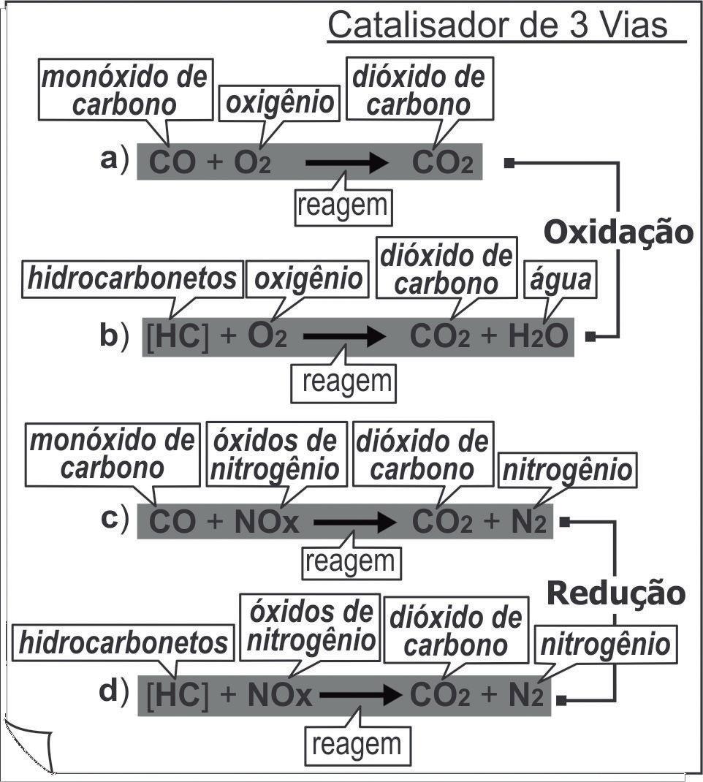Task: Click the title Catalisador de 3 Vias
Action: click(498, 25)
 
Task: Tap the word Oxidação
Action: click(618, 232)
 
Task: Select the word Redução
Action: click(617, 593)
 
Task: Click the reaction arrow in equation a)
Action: click(346, 162)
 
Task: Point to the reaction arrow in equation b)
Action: click(343, 337)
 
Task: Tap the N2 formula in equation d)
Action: click(525, 696)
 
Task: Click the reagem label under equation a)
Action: click(343, 205)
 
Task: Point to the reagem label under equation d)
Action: click(357, 745)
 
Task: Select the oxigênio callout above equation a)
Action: click(279, 102)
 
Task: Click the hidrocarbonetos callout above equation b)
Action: click(133, 278)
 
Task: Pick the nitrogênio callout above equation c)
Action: click(567, 470)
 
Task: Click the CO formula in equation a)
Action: click(172, 162)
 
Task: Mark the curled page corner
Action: click(29, 745)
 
